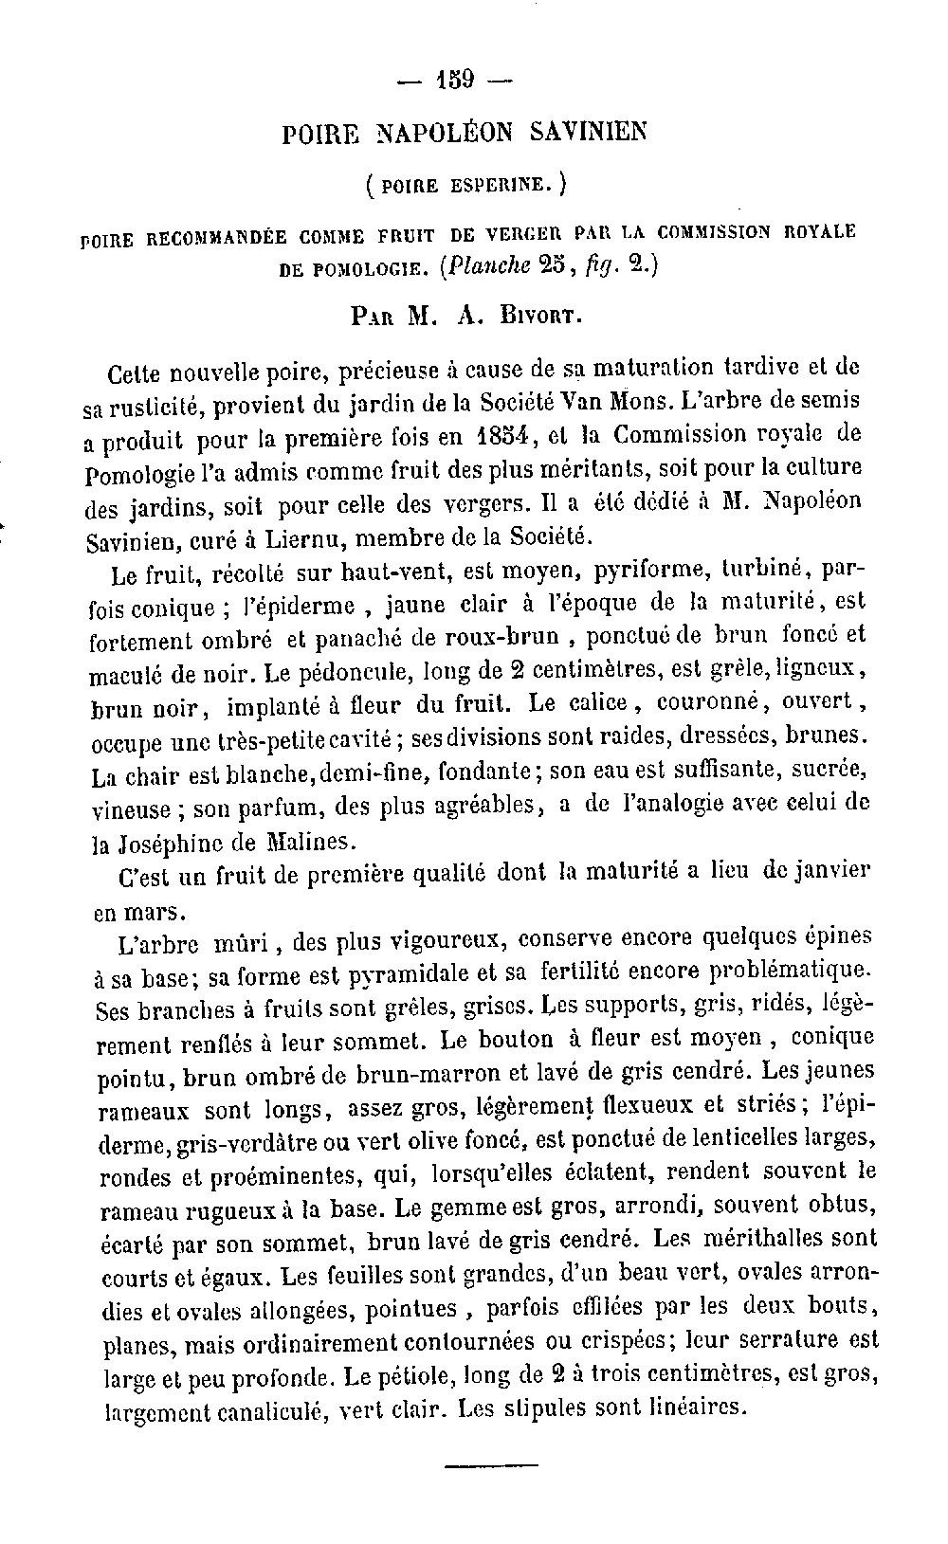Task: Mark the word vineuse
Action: (132, 810)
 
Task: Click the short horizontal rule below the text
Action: (477, 1468)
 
